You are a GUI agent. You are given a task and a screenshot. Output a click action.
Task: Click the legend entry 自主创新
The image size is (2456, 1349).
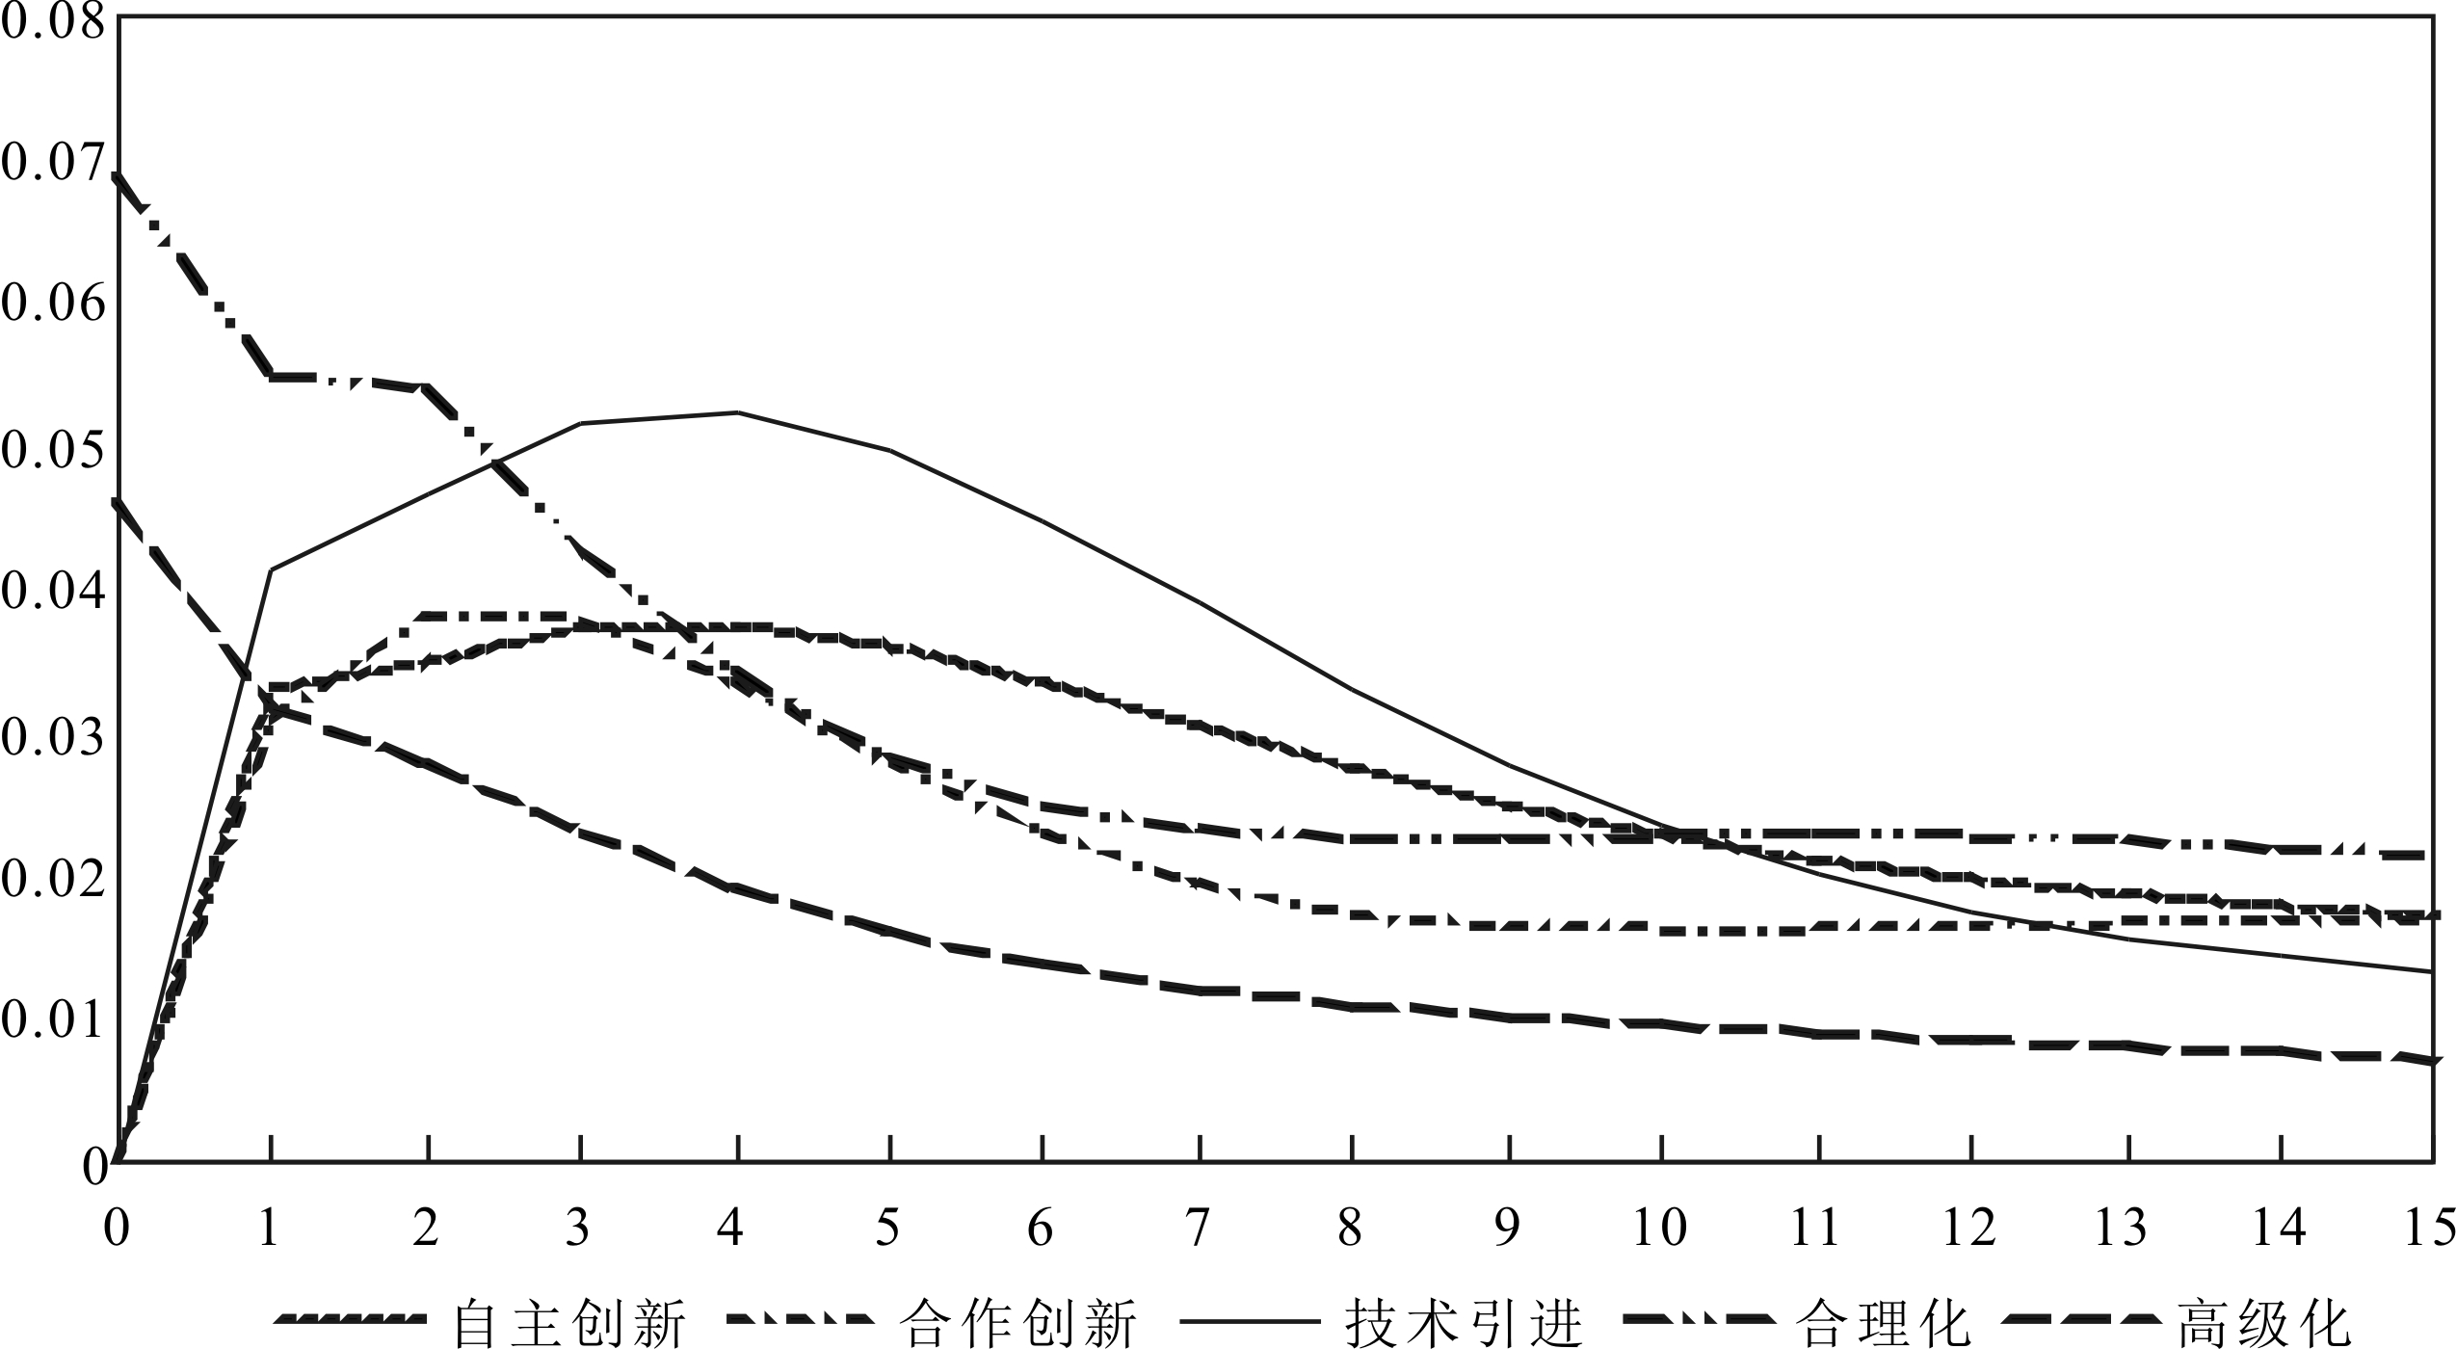(x=568, y=1322)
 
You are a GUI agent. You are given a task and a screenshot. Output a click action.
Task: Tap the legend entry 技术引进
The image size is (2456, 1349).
(x=1465, y=1322)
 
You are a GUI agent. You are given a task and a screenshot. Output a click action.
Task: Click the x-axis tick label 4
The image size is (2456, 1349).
(x=734, y=1230)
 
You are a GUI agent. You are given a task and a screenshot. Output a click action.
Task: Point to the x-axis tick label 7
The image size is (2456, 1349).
(x=1198, y=1230)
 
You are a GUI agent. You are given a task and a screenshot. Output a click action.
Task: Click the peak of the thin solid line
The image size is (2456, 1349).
(x=737, y=412)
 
